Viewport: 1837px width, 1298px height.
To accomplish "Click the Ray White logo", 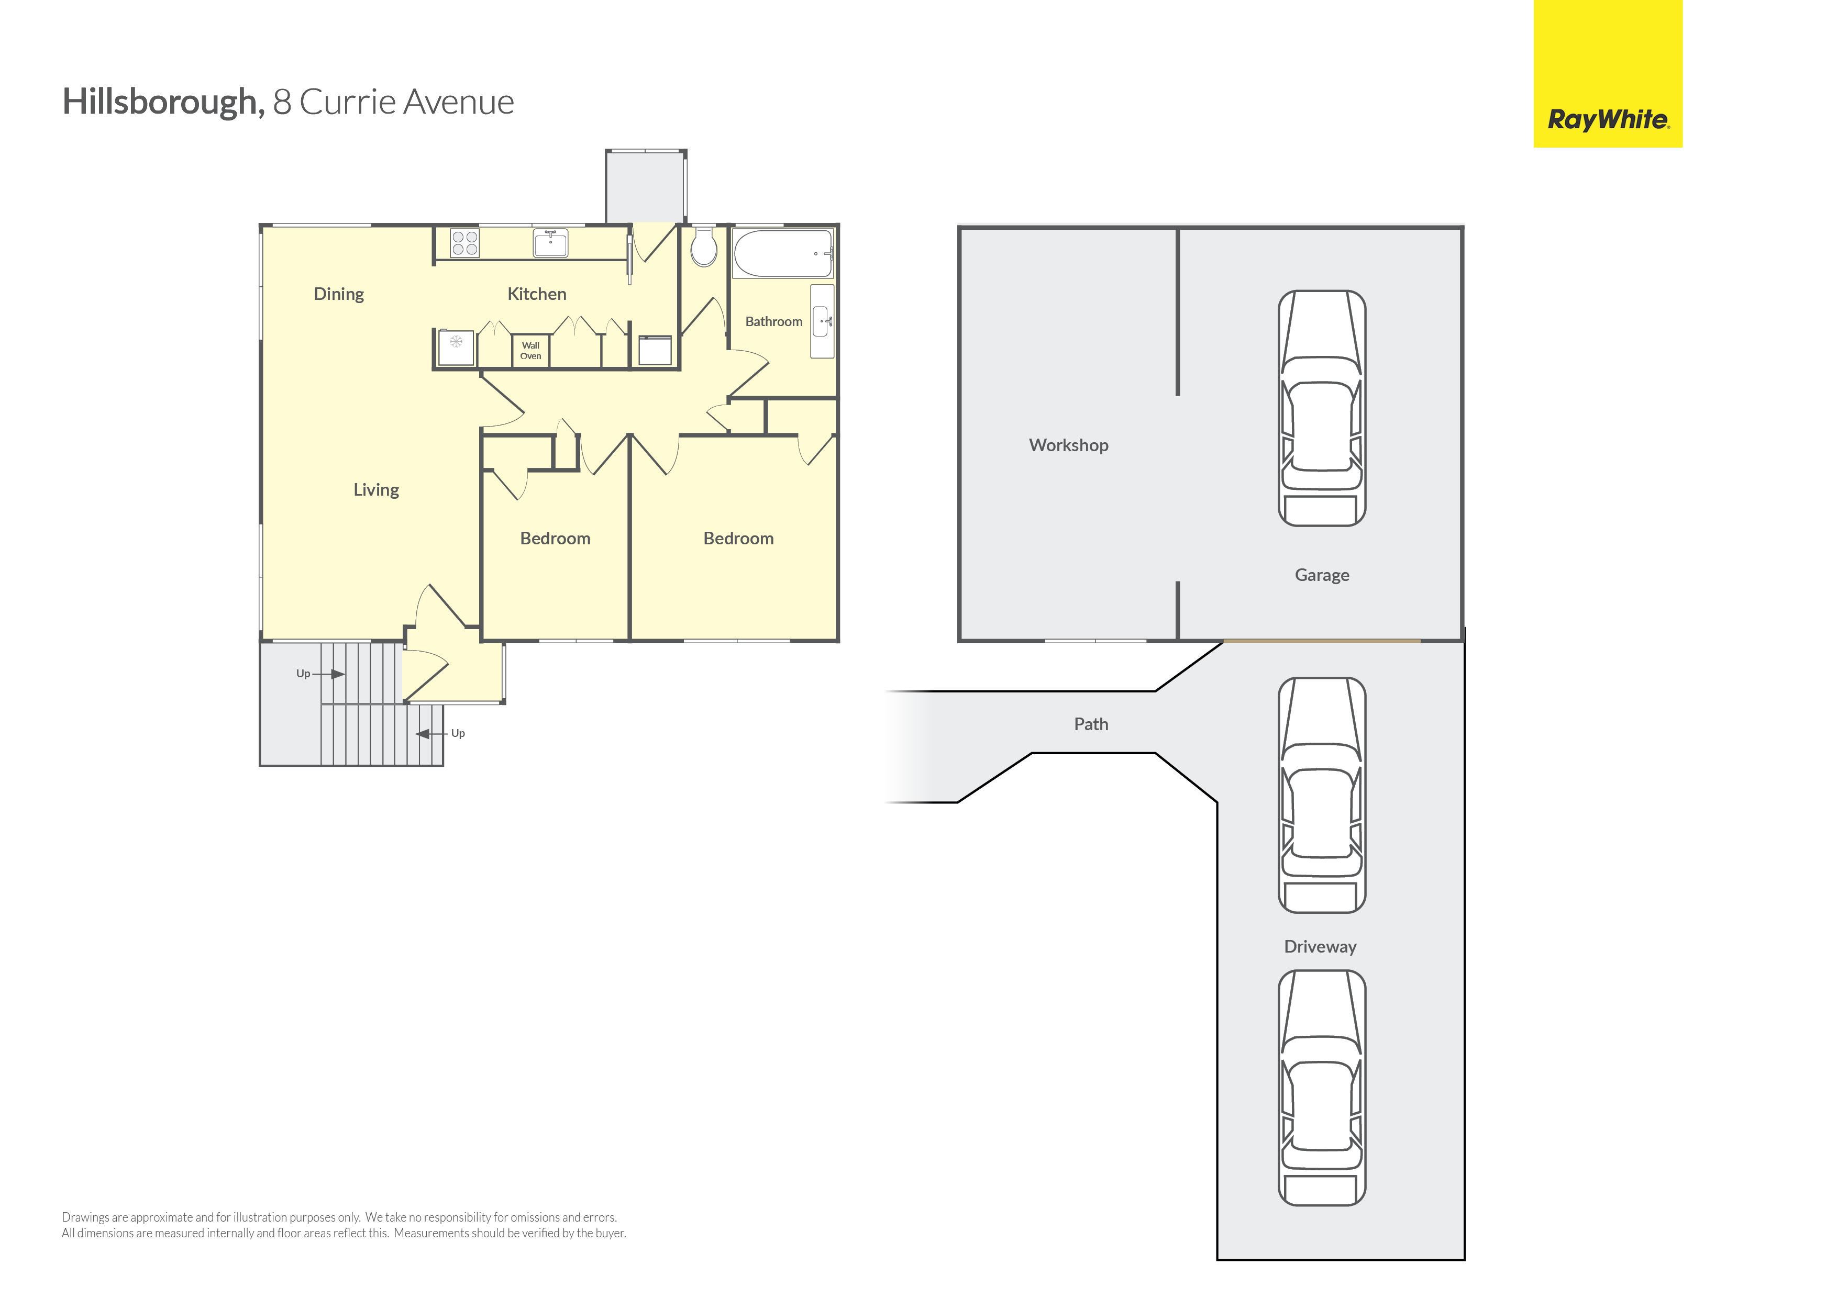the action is click(1608, 120).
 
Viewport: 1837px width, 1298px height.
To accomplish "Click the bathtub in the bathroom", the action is click(783, 253).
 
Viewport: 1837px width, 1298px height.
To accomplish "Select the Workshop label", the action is click(1068, 445).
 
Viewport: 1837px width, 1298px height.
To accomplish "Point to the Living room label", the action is click(376, 490).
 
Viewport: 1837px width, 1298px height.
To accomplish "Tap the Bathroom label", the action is click(773, 321).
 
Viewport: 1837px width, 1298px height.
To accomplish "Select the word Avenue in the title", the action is click(459, 103).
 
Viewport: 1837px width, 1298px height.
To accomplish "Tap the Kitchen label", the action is click(537, 294).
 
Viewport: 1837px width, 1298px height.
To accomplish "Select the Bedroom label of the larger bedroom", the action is click(738, 539).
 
